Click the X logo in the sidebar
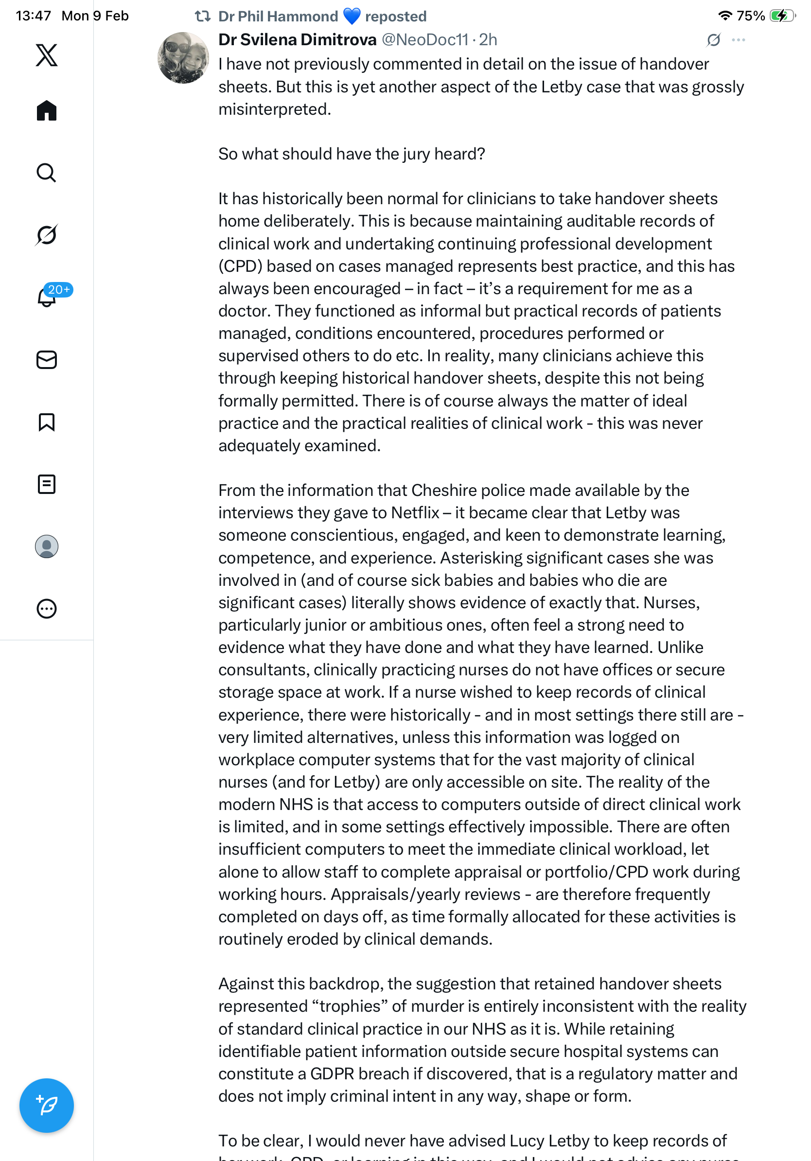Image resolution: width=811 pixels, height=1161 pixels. (47, 55)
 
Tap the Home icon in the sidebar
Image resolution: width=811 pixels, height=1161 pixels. (47, 110)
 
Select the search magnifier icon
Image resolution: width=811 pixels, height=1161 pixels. (47, 173)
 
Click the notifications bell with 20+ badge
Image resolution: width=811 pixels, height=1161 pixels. (47, 297)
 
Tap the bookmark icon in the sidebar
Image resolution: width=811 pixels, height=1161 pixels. (47, 422)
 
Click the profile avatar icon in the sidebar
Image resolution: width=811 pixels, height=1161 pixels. (47, 546)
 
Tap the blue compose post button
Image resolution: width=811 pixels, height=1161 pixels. (47, 1106)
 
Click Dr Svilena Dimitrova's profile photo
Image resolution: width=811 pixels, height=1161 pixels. (183, 58)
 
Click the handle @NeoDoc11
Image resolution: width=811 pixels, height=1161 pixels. (425, 39)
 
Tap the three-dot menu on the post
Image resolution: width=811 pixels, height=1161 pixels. (738, 40)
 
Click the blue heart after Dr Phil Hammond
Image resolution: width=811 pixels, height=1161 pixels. (352, 16)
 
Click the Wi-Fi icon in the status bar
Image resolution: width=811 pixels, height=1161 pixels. (725, 16)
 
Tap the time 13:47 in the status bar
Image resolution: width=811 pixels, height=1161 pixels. (34, 16)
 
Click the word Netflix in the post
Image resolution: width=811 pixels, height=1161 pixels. (415, 513)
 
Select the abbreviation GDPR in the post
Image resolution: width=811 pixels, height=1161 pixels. (332, 1073)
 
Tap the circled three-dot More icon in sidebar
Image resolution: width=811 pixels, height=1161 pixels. (47, 609)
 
